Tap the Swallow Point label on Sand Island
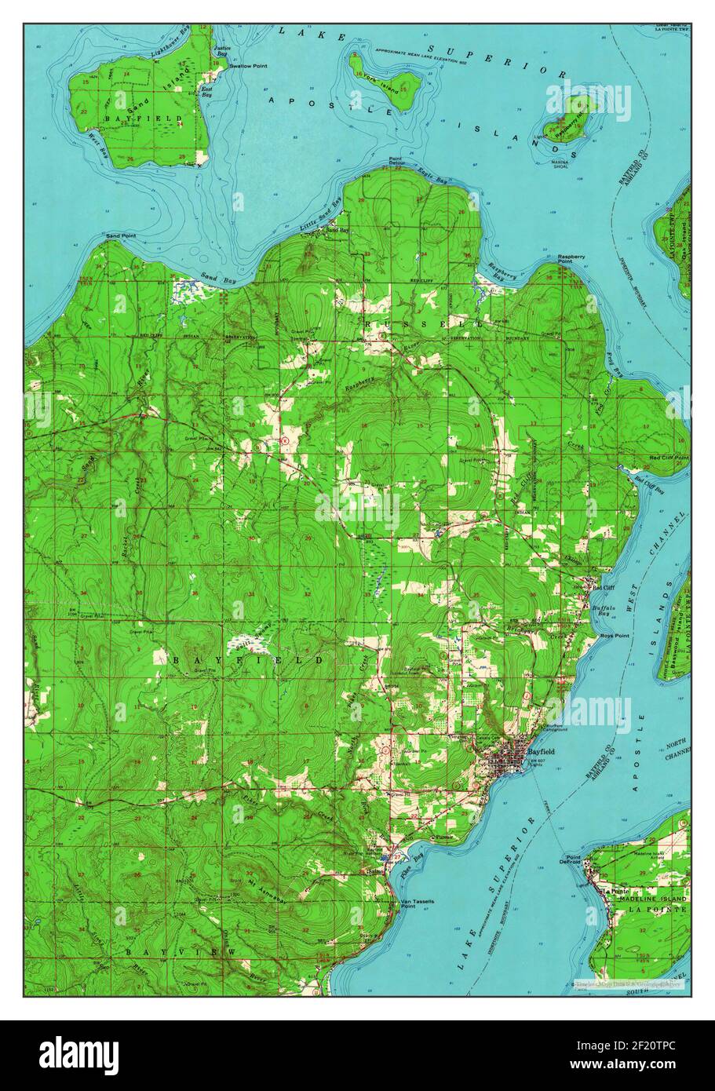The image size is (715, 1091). point(248,67)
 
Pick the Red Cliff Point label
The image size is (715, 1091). point(669,457)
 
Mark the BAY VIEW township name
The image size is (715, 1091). point(181,952)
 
